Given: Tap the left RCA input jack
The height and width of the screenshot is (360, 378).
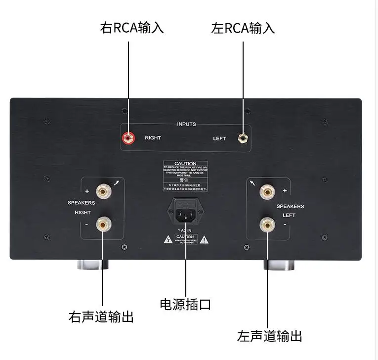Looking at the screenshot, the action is pos(243,137).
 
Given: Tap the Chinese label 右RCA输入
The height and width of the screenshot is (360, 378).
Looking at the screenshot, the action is pos(132,28).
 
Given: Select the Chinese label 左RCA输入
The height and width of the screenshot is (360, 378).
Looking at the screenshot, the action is pos(243,28).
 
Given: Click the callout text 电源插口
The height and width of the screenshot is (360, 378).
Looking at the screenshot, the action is pos(185,304).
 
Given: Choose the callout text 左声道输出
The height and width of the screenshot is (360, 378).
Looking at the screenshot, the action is pos(269,336).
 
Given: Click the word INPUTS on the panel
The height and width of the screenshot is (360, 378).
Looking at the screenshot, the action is pos(186,124).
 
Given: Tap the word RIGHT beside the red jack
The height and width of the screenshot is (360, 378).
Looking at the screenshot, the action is pos(153,138).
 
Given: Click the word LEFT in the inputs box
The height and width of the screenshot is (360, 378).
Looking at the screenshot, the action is pos(219,138).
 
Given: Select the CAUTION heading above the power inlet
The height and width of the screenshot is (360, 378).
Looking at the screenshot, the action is pos(185,164).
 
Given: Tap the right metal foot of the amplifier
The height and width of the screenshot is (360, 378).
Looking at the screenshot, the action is pos(280,265).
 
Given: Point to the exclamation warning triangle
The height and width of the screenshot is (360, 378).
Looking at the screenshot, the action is pos(205,240).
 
